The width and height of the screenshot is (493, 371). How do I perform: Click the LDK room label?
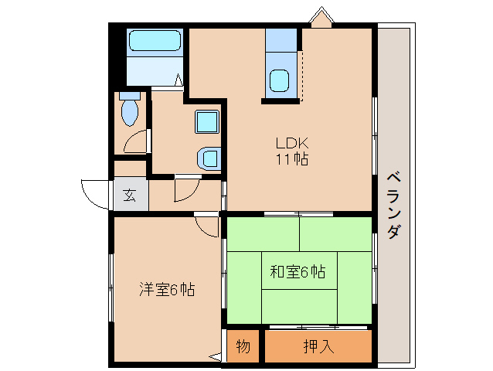(293, 143)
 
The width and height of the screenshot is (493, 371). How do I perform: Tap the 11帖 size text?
(293, 161)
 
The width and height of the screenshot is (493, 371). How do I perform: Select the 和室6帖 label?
(297, 272)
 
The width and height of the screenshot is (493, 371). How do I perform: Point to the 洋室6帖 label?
(166, 290)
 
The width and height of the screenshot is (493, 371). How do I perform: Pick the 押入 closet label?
(318, 346)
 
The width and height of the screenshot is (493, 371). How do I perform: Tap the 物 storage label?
(243, 346)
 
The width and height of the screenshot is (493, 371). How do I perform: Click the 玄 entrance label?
(129, 195)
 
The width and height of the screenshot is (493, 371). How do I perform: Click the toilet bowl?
(129, 113)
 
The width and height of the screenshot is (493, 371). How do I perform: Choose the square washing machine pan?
(207, 123)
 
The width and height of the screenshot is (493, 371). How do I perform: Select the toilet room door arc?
(137, 142)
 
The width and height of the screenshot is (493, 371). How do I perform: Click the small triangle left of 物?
(216, 356)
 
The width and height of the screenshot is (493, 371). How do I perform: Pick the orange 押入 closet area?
(318, 346)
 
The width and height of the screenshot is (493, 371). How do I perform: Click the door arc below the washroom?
(185, 189)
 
